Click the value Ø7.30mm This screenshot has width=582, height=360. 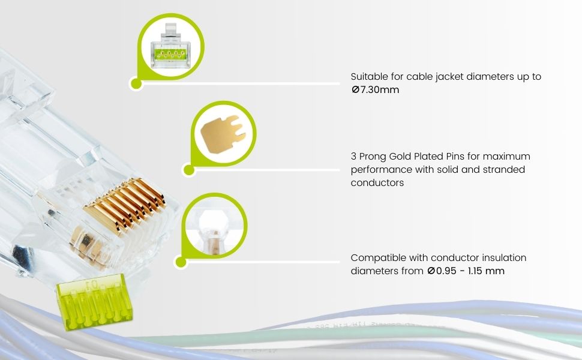click(x=375, y=90)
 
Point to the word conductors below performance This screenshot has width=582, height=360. click(x=377, y=182)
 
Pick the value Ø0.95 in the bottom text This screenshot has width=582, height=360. click(x=442, y=271)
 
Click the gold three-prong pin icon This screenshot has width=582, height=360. click(x=223, y=133)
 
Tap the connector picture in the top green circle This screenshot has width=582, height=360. click(x=170, y=46)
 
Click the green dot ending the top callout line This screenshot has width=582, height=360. click(x=136, y=84)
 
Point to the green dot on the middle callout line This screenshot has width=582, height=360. click(x=189, y=170)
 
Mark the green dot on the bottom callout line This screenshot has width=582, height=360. click(x=181, y=262)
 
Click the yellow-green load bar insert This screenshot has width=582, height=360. click(x=94, y=301)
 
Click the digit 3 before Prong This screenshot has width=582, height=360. click(x=353, y=156)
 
